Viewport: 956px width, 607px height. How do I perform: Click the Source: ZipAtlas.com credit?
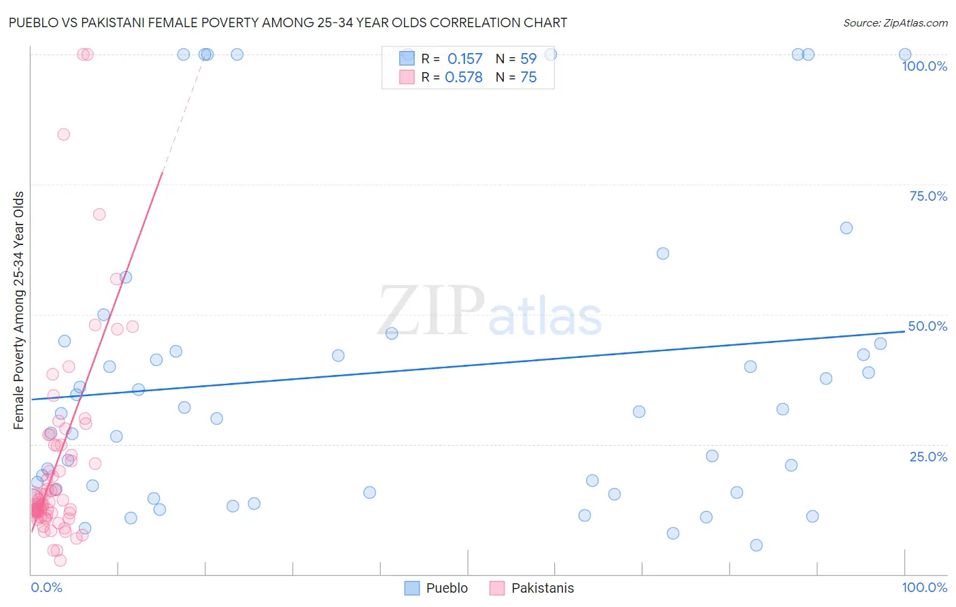click(895, 22)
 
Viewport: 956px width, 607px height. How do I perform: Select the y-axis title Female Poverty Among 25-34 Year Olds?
click(18, 310)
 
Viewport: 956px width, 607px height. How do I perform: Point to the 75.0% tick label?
click(927, 196)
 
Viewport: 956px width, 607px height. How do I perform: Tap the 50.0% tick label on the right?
click(927, 326)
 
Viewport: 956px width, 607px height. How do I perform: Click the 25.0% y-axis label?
click(927, 457)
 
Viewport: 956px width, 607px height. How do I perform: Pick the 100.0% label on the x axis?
click(924, 587)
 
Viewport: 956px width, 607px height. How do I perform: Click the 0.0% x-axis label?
click(46, 587)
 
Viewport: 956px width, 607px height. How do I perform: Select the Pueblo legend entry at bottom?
click(436, 588)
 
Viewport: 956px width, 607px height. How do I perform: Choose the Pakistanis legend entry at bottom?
click(532, 588)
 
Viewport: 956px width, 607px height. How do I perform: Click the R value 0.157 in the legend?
click(464, 59)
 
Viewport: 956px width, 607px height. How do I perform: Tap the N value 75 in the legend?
click(528, 78)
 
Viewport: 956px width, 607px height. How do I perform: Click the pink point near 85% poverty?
click(63, 134)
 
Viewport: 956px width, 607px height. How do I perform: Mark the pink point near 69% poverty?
click(99, 214)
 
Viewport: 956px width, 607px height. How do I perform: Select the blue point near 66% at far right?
click(846, 228)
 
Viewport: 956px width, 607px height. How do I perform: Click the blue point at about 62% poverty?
click(663, 253)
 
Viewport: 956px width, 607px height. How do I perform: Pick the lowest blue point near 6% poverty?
click(756, 545)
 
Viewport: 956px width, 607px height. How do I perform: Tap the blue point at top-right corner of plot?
click(905, 54)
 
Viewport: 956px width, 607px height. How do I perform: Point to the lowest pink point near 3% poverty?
click(60, 561)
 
